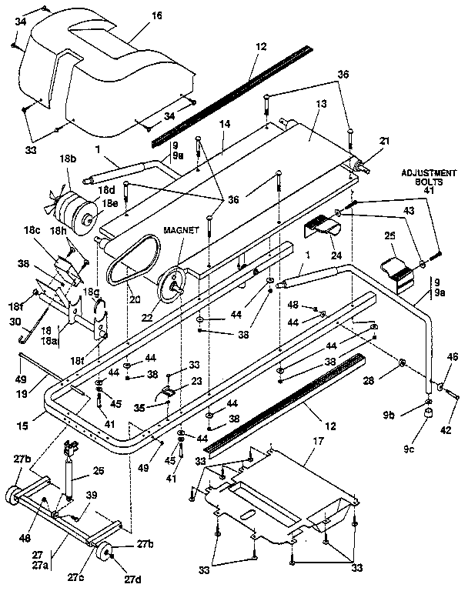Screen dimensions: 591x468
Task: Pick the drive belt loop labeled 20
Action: click(x=130, y=265)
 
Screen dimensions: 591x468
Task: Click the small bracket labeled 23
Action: click(x=168, y=395)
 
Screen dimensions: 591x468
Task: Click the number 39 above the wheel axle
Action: click(x=92, y=495)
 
